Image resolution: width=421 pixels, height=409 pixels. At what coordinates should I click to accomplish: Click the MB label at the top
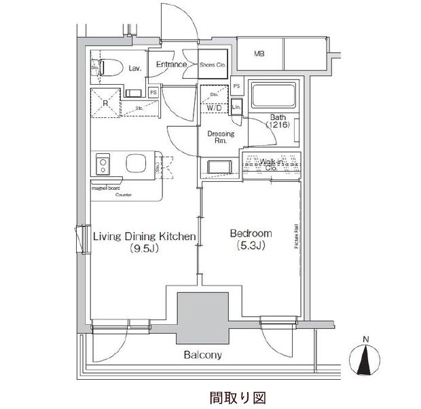pyautogui.click(x=259, y=54)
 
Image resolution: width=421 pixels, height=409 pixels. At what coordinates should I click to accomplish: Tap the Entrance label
pyautogui.click(x=171, y=64)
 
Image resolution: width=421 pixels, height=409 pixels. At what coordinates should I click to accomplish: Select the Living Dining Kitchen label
pyautogui.click(x=144, y=236)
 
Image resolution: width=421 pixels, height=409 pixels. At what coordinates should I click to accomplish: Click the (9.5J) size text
pyautogui.click(x=144, y=248)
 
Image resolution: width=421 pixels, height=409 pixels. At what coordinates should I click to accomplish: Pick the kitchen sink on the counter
pyautogui.click(x=135, y=164)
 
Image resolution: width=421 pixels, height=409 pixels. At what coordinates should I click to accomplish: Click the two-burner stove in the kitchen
pyautogui.click(x=105, y=164)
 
